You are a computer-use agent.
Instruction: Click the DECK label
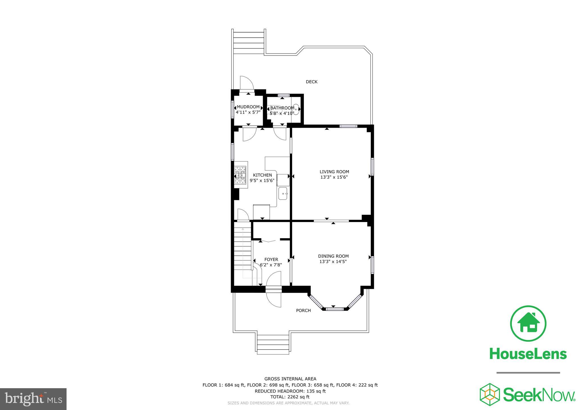[x=312, y=82]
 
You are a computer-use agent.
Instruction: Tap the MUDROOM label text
[x=248, y=107]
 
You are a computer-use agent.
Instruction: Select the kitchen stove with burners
[x=241, y=175]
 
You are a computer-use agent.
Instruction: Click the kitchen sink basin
[x=283, y=194]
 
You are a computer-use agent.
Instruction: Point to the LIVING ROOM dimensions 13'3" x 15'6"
[x=334, y=177]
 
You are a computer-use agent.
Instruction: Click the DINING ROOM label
[x=333, y=256]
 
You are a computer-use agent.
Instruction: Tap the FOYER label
[x=271, y=259]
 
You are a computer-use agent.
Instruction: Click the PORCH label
[x=303, y=310]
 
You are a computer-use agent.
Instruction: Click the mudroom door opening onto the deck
[x=246, y=83]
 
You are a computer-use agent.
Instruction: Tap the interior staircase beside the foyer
[x=243, y=249]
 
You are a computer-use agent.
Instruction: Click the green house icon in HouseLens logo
[x=528, y=323]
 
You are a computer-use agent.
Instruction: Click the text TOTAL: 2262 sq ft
[x=290, y=397]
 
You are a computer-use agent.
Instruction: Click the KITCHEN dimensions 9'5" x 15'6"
[x=262, y=180]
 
